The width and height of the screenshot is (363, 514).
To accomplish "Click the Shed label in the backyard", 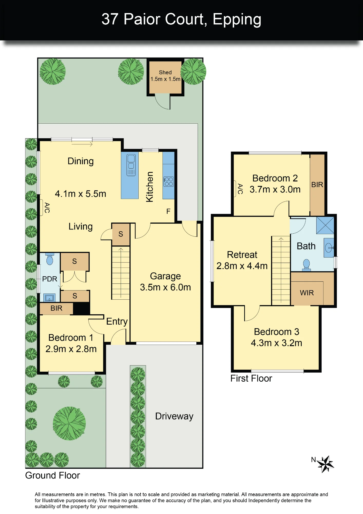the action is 165,72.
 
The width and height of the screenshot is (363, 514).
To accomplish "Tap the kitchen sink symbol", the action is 131,165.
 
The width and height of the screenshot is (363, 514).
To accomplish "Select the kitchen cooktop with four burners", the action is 169,181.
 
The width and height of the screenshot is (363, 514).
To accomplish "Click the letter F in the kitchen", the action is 168,211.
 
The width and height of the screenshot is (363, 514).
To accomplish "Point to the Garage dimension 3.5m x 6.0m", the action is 165,287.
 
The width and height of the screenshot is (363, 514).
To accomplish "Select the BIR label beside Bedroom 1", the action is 56,308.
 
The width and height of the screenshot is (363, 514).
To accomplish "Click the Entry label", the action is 117,322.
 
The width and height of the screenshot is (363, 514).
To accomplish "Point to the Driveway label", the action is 174,416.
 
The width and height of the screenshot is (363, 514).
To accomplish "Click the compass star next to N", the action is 325,464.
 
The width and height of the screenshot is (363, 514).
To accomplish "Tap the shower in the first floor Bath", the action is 325,225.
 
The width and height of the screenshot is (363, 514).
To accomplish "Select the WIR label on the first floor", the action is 307,293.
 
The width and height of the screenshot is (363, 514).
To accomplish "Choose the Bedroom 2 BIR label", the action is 317,185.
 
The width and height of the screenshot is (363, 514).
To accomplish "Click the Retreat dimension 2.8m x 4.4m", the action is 242,266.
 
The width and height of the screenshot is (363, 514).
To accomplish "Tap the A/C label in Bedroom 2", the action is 240,189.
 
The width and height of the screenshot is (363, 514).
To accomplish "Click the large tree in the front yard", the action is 69,423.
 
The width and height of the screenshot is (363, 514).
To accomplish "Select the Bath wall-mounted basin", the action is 329,248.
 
